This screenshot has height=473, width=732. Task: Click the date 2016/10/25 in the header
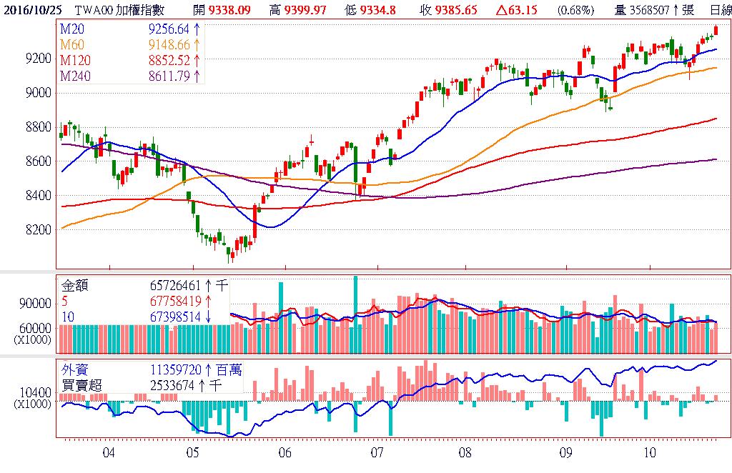pyautogui.click(x=31, y=9)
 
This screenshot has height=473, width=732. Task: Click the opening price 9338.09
pyautogui.click(x=230, y=9)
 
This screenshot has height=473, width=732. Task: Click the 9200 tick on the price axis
pyautogui.click(x=38, y=58)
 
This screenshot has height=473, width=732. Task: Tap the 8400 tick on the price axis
pyautogui.click(x=38, y=195)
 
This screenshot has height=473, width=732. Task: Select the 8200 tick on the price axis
pyautogui.click(x=38, y=229)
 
